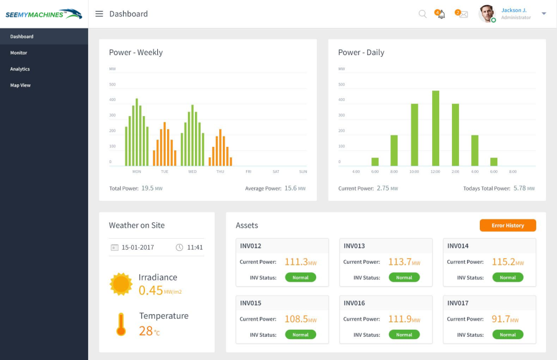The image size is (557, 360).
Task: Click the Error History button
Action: tap(508, 225)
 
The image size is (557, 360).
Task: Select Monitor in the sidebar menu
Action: tap(19, 53)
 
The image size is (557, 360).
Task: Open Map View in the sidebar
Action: tap(20, 85)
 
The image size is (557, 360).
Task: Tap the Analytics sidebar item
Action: tap(20, 69)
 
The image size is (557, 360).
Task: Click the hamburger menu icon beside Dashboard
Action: tap(99, 14)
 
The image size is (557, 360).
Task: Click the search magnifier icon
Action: tap(422, 14)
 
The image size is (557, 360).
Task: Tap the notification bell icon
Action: tap(441, 15)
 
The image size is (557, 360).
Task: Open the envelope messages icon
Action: tap(463, 15)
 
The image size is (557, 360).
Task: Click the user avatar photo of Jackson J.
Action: tap(487, 14)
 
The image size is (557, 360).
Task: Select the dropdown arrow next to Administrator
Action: tap(544, 14)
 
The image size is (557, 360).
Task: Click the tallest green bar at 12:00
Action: tap(435, 128)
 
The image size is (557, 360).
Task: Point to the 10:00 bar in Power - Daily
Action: tap(414, 135)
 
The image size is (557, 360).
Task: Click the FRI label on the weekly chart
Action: tap(248, 172)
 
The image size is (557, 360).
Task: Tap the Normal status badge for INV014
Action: tap(508, 278)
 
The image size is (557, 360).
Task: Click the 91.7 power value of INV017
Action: tap(501, 319)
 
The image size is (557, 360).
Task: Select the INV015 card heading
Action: tap(251, 303)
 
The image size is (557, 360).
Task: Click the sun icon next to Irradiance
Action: tap(121, 284)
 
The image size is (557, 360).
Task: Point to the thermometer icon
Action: tap(121, 325)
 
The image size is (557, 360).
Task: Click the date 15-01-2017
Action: tap(138, 247)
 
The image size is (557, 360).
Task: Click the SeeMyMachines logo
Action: tap(44, 14)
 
